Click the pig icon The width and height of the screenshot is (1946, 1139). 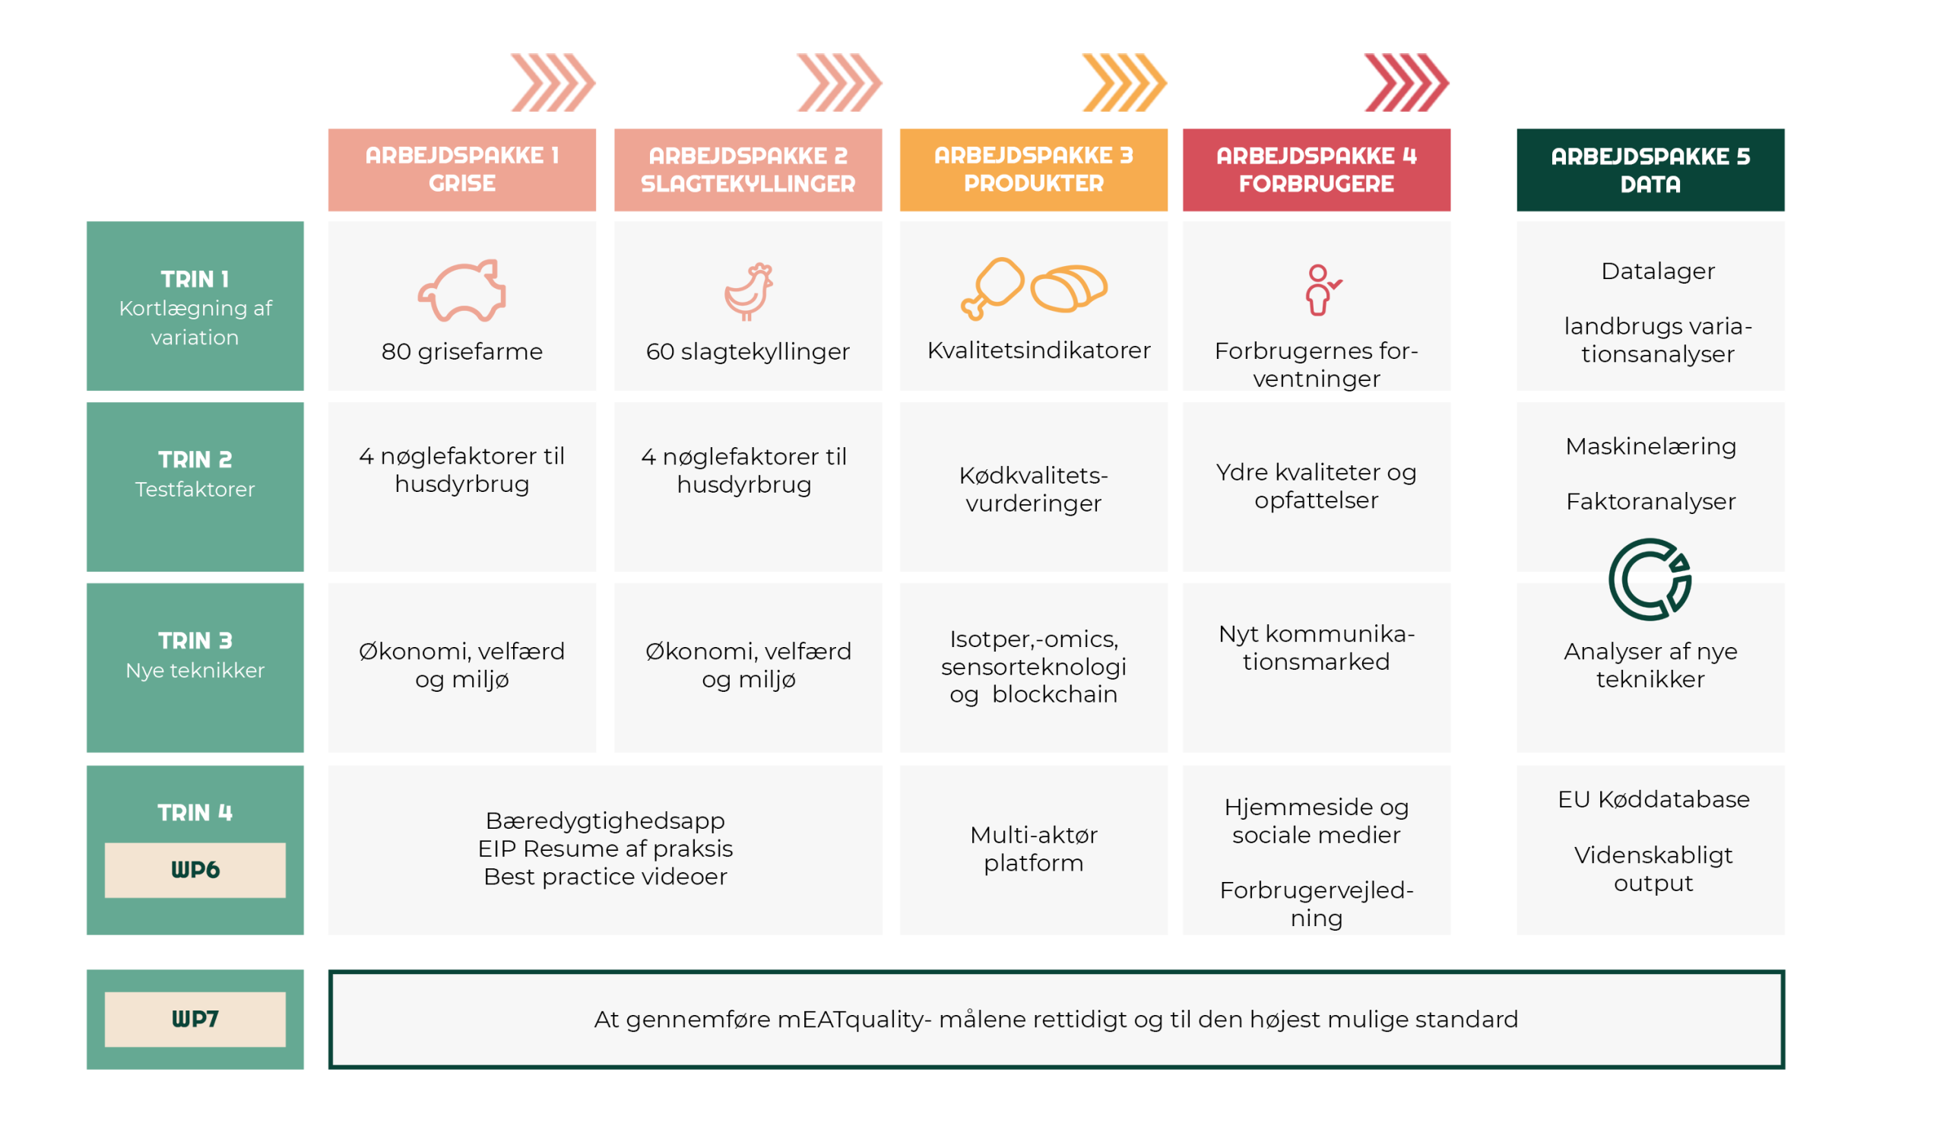(x=461, y=290)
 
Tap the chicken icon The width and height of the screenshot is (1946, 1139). (x=748, y=291)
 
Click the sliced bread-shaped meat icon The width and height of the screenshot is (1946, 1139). (x=1070, y=288)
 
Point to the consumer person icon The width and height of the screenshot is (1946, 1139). (x=1320, y=290)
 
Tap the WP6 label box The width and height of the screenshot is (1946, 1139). (x=195, y=870)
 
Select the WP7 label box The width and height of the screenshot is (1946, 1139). (x=195, y=1019)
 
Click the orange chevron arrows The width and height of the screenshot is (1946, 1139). (x=1124, y=82)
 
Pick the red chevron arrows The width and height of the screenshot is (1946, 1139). (x=1406, y=82)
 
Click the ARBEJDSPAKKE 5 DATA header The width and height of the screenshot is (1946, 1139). (x=1650, y=170)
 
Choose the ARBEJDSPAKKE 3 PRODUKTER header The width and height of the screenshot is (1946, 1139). (x=1033, y=170)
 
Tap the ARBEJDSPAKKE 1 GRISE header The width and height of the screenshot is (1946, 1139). (x=461, y=170)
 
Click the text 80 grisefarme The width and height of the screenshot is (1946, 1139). (x=461, y=351)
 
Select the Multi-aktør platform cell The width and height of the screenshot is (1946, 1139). (x=1033, y=849)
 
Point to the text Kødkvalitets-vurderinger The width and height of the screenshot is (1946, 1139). (x=1033, y=489)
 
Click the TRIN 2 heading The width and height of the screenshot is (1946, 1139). (x=195, y=459)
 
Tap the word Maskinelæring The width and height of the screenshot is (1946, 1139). (x=1650, y=446)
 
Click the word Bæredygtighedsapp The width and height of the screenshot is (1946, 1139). (x=604, y=820)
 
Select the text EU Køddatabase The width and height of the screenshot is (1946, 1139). (x=1653, y=799)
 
